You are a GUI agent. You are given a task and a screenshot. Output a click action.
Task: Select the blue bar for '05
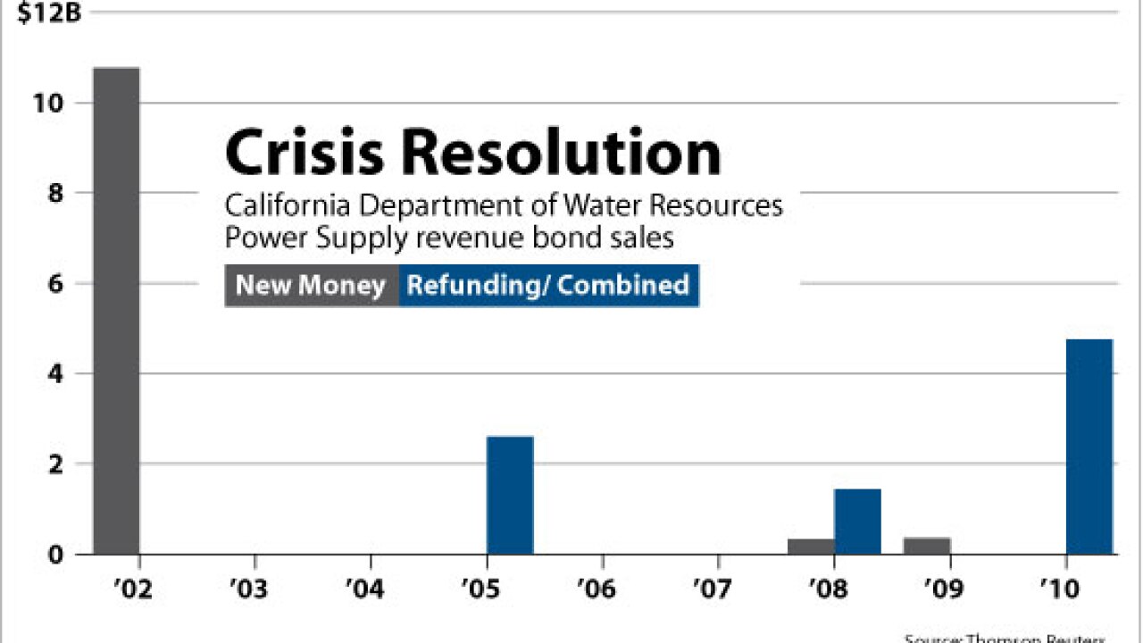[x=510, y=495]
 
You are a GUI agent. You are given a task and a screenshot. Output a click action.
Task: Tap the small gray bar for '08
[x=811, y=546]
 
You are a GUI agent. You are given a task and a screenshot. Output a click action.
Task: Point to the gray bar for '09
[x=927, y=545]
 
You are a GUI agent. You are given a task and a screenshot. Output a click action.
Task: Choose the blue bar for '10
[x=1089, y=447]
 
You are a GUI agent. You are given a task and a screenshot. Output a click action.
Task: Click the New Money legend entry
[x=311, y=286]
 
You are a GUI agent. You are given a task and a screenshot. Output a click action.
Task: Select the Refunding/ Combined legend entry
[x=548, y=286]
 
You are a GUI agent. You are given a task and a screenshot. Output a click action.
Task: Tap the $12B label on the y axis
[x=43, y=16]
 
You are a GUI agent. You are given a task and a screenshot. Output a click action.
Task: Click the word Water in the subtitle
[x=602, y=206]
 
